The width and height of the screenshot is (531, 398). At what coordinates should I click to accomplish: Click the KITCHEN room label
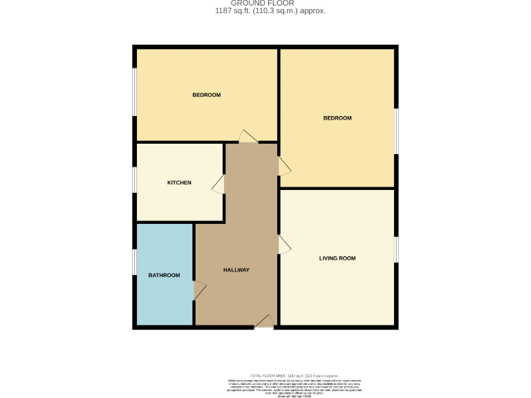click(x=179, y=182)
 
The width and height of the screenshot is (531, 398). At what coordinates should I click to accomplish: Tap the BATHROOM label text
click(x=164, y=275)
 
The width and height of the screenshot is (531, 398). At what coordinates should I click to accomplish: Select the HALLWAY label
click(x=236, y=269)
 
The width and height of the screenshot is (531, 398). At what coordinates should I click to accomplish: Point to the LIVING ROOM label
click(x=337, y=258)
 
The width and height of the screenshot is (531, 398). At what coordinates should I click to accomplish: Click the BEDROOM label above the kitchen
click(x=206, y=95)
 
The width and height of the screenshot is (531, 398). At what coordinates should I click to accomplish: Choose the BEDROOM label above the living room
click(x=337, y=118)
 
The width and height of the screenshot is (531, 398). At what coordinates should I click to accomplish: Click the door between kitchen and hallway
click(x=218, y=184)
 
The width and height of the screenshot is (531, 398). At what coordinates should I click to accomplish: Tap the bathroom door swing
click(x=199, y=291)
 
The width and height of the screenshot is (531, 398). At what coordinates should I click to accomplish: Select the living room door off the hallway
click(x=284, y=245)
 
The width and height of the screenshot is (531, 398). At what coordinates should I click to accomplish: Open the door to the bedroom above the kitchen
click(x=248, y=136)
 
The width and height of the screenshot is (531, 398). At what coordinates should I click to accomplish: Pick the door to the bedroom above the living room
click(x=284, y=166)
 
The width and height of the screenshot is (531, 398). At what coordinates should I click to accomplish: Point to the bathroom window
click(x=134, y=262)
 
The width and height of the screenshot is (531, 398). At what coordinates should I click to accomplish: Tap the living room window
click(x=396, y=249)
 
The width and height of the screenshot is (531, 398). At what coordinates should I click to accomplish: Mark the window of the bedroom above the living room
click(x=396, y=131)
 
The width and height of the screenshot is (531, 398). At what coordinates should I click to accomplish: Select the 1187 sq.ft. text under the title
click(x=270, y=11)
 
